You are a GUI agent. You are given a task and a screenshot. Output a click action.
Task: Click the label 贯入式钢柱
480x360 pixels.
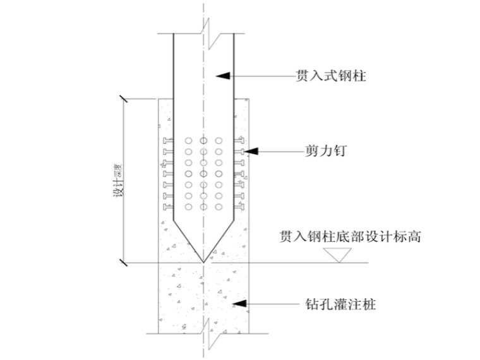(332, 76)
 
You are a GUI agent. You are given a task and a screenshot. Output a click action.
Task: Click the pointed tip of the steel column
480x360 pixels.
(203, 261)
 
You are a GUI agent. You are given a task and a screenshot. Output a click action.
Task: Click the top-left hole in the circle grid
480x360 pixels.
(188, 140)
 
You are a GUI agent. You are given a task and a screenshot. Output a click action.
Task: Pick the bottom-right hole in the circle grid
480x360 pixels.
(219, 206)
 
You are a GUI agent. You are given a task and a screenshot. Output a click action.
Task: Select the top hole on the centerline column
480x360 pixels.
(203, 140)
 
